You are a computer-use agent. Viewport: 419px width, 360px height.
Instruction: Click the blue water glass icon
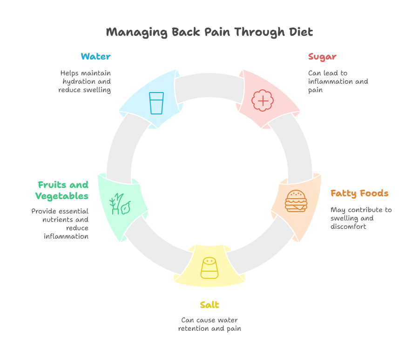[156, 103]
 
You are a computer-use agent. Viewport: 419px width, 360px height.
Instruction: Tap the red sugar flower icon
[262, 100]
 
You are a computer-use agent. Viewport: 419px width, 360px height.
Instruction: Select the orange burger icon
[296, 201]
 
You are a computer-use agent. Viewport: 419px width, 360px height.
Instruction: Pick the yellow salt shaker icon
[209, 268]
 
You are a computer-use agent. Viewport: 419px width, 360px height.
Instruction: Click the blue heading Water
[95, 57]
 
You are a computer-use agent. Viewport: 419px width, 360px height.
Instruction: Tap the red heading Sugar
[322, 57]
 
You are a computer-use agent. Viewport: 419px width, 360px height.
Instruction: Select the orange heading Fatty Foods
[359, 193]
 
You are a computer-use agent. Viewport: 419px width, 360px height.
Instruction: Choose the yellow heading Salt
[209, 305]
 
